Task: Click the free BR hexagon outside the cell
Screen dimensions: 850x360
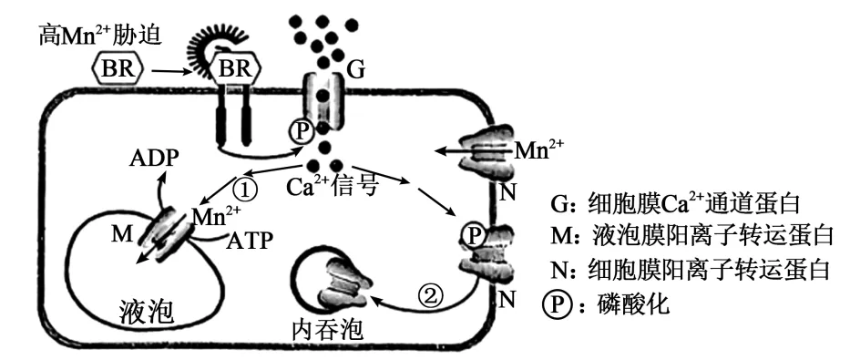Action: (118, 69)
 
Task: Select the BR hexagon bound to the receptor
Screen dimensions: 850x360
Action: (234, 69)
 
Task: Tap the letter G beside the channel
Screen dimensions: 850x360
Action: (354, 72)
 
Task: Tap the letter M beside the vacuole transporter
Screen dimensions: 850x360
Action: (121, 235)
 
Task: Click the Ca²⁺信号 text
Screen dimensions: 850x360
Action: (332, 187)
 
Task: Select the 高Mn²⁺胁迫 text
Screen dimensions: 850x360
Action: (100, 36)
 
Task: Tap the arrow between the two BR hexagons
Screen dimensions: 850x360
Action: (173, 71)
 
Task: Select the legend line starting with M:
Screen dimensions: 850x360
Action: (691, 236)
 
